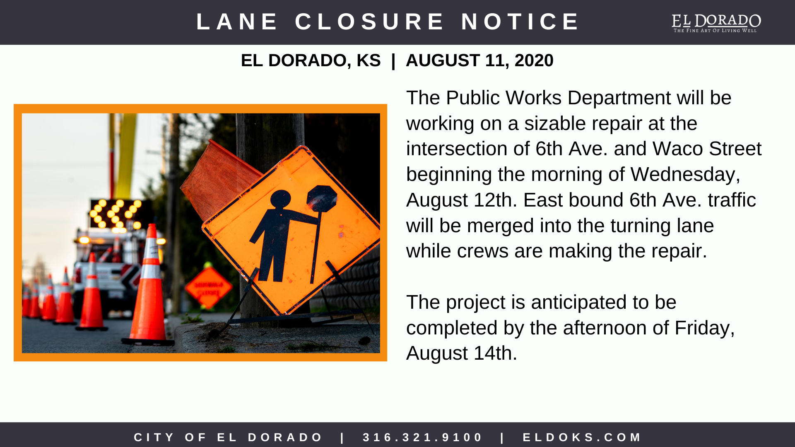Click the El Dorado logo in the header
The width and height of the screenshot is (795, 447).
(x=716, y=23)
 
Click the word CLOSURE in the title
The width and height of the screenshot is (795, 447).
(x=369, y=22)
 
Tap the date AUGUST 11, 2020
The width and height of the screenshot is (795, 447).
(x=479, y=60)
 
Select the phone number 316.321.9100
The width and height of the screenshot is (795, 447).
(x=423, y=437)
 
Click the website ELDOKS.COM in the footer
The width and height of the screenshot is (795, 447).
(x=582, y=437)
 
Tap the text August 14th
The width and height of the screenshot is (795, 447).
(x=461, y=353)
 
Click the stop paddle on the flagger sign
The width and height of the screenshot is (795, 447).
(x=321, y=198)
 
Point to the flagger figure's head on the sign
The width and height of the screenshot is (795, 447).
(x=281, y=199)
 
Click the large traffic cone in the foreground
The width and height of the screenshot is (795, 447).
(x=150, y=290)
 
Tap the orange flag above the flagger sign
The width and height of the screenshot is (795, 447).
(x=219, y=178)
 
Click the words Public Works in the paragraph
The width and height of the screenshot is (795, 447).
(x=503, y=98)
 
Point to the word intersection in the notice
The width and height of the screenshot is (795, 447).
(x=467, y=149)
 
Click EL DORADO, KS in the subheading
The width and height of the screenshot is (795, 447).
(x=311, y=60)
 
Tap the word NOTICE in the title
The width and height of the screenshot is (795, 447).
(x=520, y=22)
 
